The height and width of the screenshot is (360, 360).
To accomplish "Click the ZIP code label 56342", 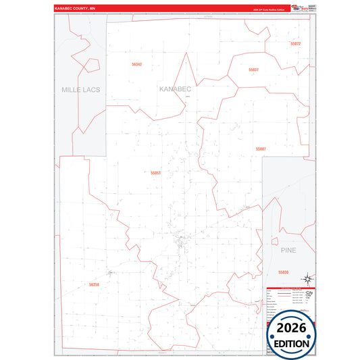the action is (x=137, y=64).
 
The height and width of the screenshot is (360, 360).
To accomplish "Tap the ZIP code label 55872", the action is (x=295, y=44).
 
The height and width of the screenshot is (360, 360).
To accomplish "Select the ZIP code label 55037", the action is (x=253, y=70).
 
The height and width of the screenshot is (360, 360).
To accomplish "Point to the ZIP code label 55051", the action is (x=156, y=173).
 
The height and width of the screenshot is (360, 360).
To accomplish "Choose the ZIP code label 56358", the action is (x=93, y=284).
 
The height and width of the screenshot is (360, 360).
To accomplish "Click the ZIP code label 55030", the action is (x=283, y=272).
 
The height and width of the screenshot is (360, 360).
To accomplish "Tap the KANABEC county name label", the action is (x=176, y=89).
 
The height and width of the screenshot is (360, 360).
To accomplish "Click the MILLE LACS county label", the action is (x=80, y=89).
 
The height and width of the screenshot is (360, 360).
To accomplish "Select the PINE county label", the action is (x=288, y=250).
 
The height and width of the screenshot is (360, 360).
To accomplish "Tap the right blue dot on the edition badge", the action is (x=311, y=335).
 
